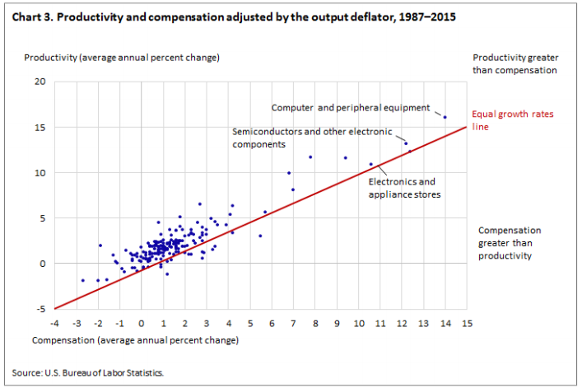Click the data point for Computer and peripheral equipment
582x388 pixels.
(x=445, y=117)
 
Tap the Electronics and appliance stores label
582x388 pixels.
(x=404, y=188)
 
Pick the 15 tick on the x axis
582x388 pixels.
(x=467, y=322)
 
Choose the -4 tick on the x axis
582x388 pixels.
(x=54, y=322)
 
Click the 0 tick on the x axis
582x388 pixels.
(x=141, y=322)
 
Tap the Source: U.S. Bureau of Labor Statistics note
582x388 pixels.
(x=88, y=372)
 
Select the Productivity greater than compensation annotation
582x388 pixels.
(x=515, y=63)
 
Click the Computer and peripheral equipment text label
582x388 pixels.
(x=351, y=107)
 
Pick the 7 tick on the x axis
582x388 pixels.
(x=293, y=322)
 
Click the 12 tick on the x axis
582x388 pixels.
(x=402, y=322)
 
